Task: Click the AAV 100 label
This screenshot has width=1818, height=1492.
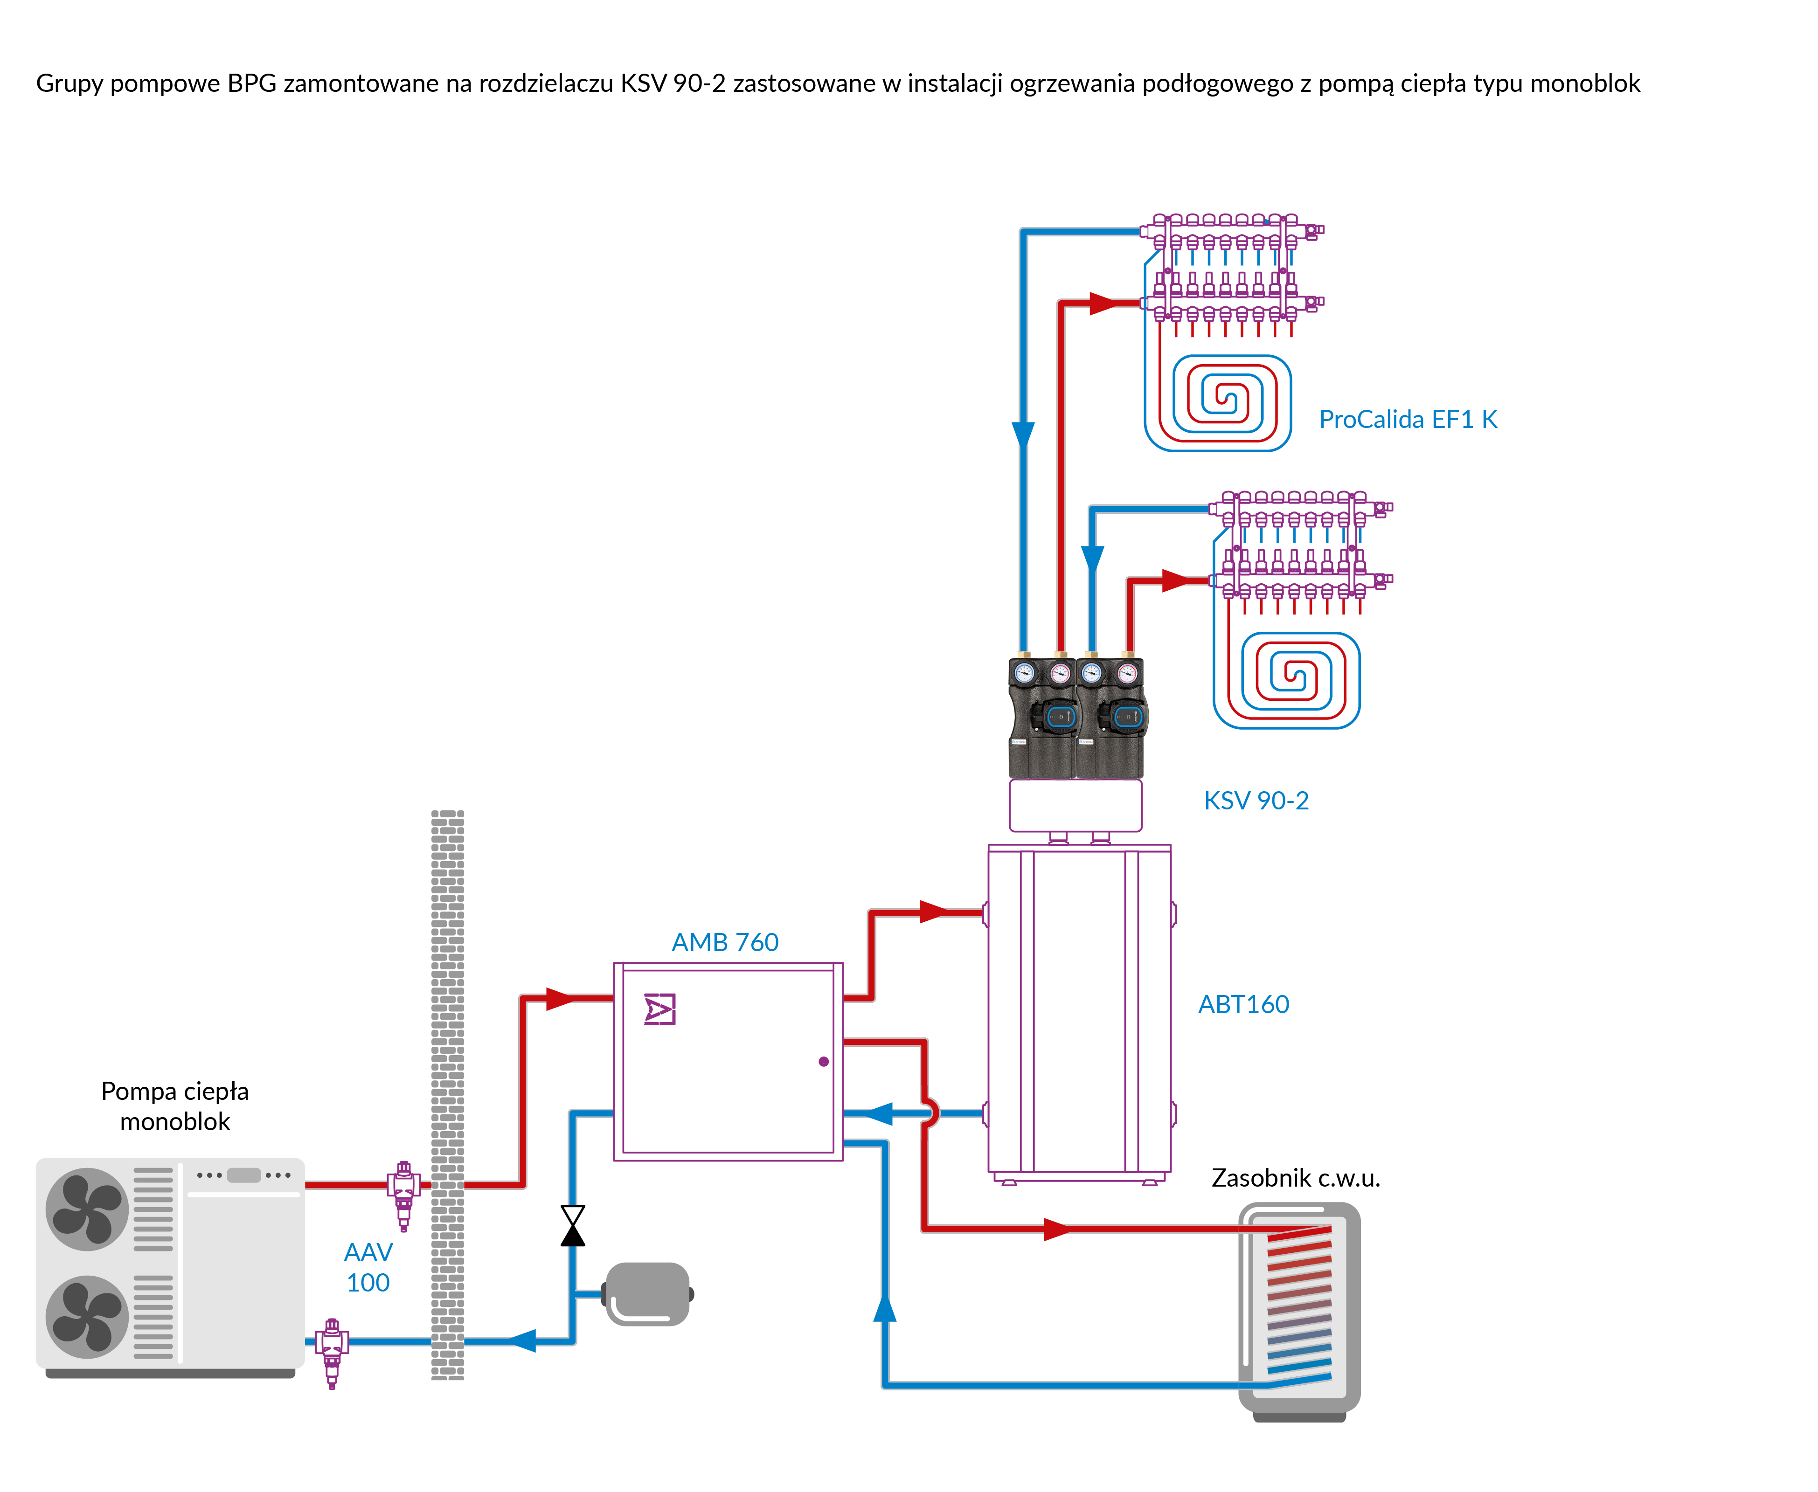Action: (368, 1267)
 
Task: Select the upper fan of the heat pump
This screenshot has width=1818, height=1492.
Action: (87, 1209)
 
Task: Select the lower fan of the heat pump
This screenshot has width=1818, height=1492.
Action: (87, 1317)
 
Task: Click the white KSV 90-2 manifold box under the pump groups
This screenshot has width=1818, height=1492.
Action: (1076, 805)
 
